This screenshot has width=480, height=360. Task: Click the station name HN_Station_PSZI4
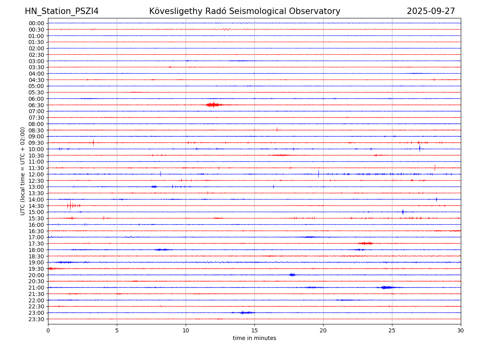(62, 11)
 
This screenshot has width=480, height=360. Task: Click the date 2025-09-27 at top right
(431, 11)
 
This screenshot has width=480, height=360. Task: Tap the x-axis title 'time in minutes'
(254, 338)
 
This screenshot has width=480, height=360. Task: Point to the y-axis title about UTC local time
(23, 171)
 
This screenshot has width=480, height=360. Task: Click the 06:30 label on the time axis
(36, 105)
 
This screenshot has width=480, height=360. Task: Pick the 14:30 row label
(36, 206)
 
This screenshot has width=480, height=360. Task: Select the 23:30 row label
(36, 319)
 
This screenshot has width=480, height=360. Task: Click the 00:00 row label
(36, 23)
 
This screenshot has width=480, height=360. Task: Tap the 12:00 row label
(36, 174)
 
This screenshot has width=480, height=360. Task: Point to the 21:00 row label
(36, 288)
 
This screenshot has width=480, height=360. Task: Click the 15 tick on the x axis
(254, 330)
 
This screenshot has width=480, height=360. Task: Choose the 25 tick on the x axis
(392, 330)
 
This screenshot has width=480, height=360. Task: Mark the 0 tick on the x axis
(48, 330)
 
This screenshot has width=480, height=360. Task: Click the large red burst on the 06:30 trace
(213, 105)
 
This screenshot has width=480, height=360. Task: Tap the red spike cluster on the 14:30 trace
(71, 206)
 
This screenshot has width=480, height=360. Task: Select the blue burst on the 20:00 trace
(292, 275)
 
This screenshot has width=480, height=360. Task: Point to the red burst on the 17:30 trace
(366, 243)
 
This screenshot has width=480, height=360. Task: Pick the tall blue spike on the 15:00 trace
(403, 212)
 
